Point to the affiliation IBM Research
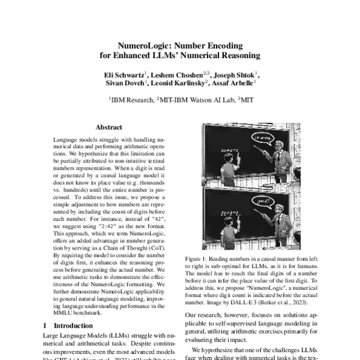click(x=130, y=101)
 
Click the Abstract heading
click(x=109, y=127)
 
